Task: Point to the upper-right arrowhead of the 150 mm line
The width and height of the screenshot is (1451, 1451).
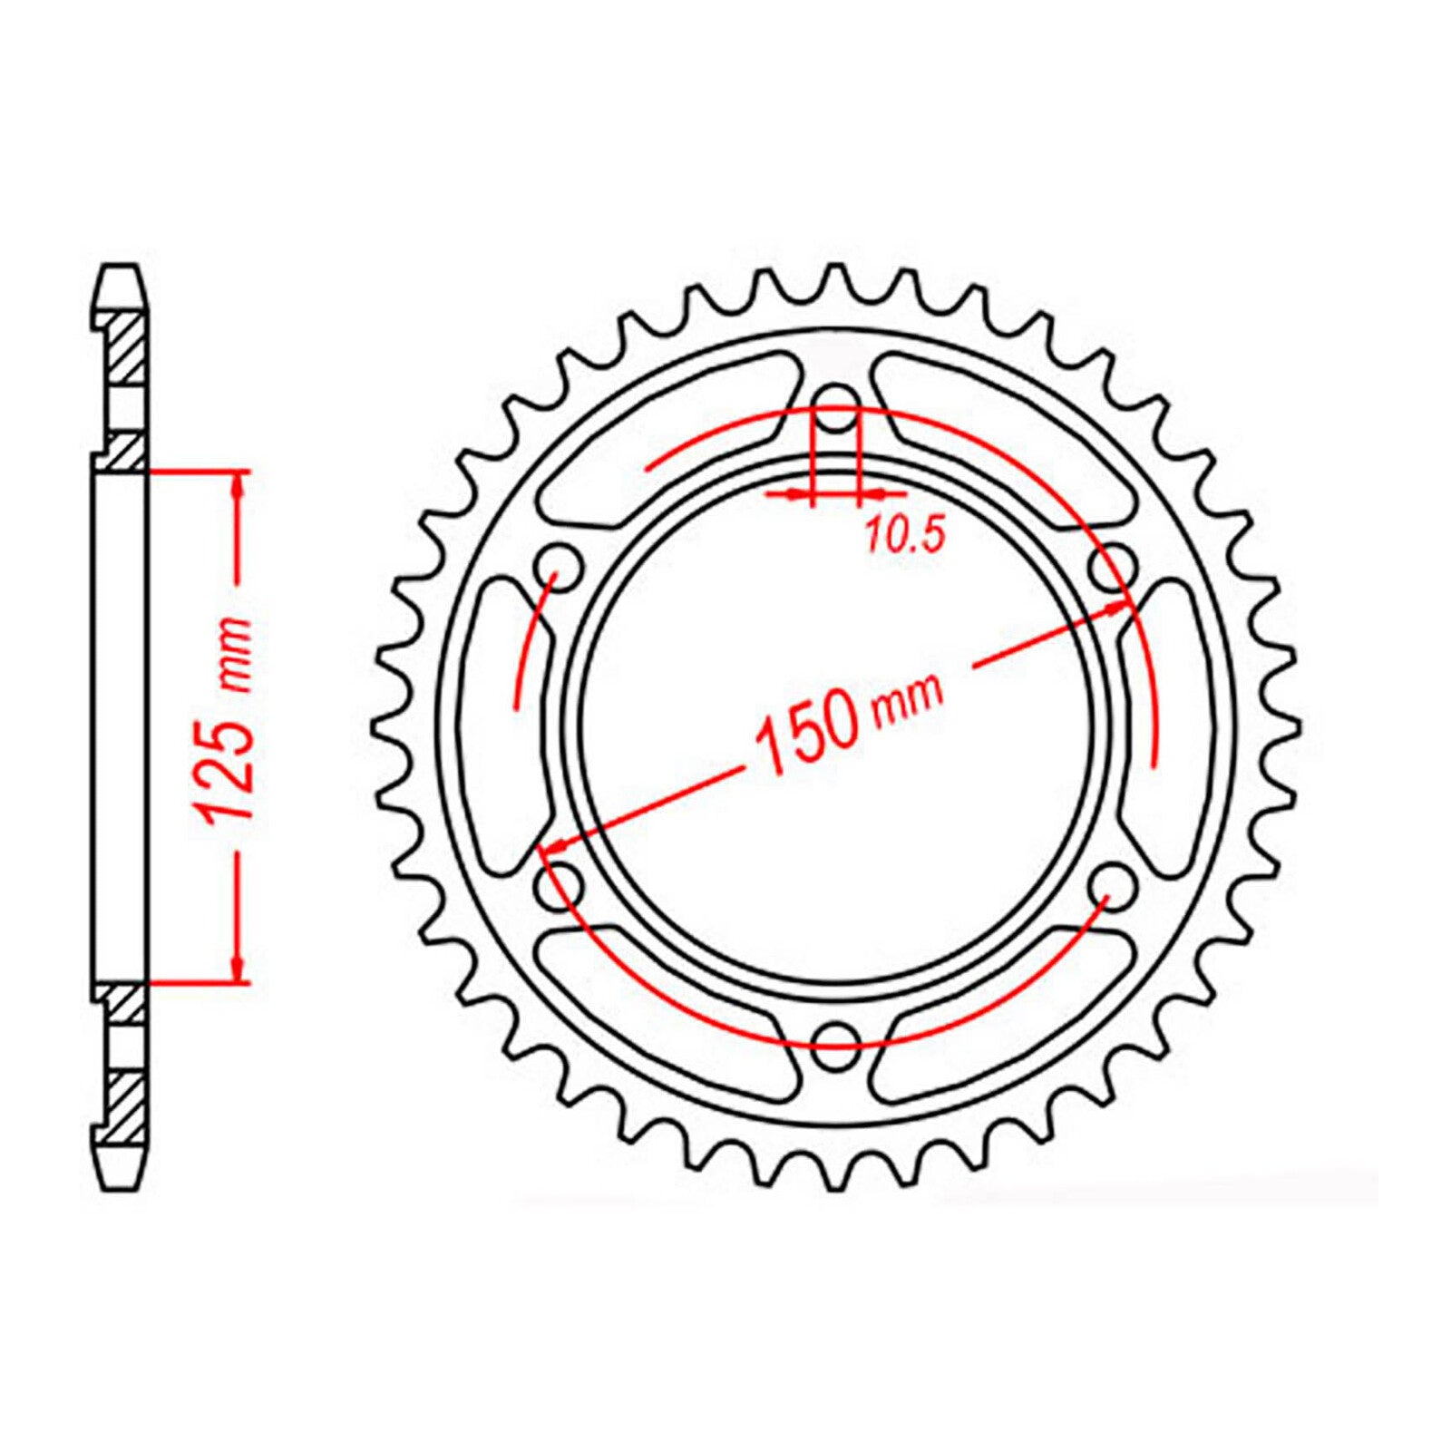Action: click(x=1117, y=610)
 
